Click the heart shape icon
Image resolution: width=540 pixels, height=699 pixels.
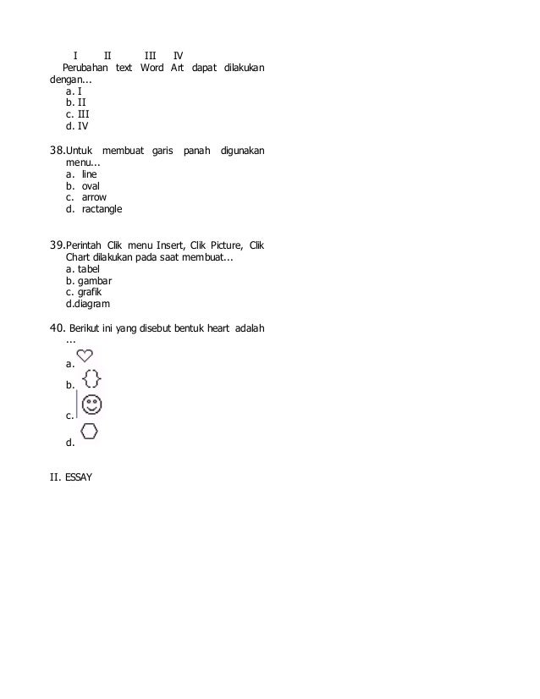click(85, 355)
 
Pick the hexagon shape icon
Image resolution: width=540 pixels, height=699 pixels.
click(90, 431)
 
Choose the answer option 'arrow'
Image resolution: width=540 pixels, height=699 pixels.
click(94, 197)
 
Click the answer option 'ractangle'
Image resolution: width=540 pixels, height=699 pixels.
click(102, 209)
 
